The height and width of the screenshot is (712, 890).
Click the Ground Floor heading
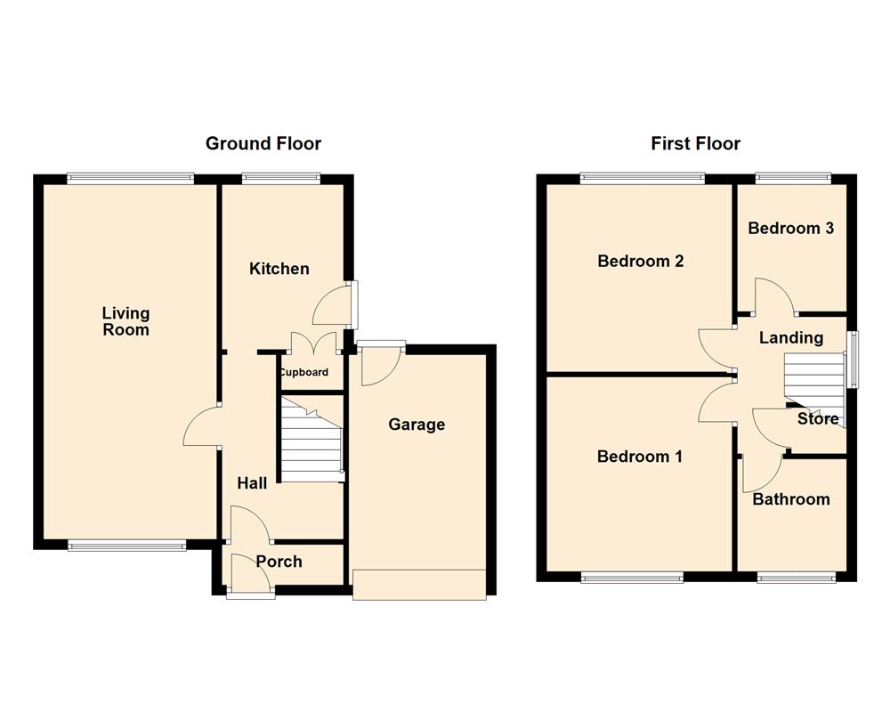(263, 143)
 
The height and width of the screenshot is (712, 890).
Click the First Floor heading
(695, 143)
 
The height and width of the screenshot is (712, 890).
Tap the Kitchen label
(279, 269)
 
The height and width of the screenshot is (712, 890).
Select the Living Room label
(125, 321)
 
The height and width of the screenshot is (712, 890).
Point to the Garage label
(417, 425)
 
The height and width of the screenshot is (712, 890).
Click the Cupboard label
(304, 372)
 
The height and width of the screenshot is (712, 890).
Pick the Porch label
(279, 562)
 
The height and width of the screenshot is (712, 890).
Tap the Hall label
(252, 483)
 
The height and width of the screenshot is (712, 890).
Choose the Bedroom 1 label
(640, 457)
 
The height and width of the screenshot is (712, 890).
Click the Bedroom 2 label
(640, 261)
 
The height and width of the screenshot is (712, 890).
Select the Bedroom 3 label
(790, 228)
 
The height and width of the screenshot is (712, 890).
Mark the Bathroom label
(790, 499)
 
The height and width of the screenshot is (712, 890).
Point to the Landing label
(790, 338)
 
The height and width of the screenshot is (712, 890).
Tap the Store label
(817, 418)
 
